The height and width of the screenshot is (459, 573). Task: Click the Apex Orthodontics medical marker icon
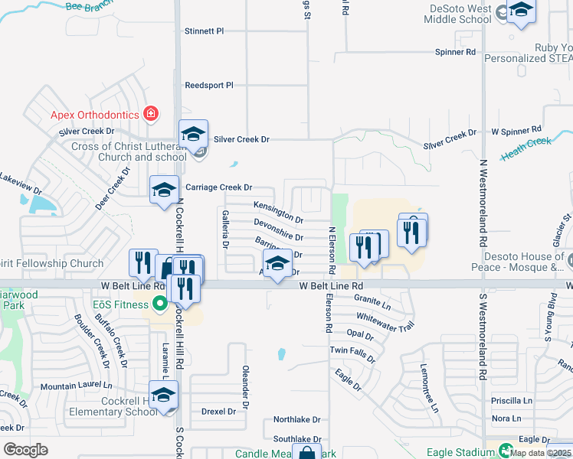coord(151,115)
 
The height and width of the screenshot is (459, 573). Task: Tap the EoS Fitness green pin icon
coord(159,304)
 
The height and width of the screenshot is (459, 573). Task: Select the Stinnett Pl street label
coord(204,31)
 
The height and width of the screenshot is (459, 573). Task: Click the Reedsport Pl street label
coord(209,86)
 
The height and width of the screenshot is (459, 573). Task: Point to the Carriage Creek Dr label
coord(219,187)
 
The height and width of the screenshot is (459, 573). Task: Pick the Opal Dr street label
coord(359,334)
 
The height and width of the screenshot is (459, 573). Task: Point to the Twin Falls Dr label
coord(352,353)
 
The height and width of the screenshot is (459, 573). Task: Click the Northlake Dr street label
coord(296,420)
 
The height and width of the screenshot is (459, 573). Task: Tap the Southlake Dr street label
coord(296,439)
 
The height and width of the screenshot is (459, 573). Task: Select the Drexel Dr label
coord(218,412)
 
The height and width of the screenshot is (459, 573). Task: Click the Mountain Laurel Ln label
coord(76,386)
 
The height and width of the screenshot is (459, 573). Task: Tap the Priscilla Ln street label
coord(512,401)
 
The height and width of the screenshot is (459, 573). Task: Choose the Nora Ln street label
coord(506,418)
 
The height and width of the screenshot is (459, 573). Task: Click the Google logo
coord(26,450)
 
